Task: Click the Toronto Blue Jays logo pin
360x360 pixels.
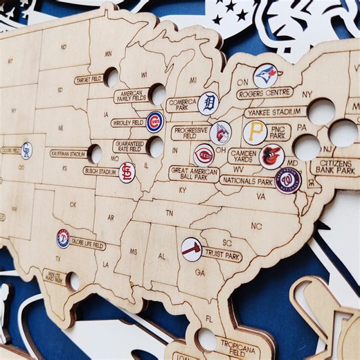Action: [x=265, y=75]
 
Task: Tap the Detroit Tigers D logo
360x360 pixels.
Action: [x=208, y=103]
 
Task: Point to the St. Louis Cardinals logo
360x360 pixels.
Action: [x=126, y=172]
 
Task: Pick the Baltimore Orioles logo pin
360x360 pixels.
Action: [x=271, y=156]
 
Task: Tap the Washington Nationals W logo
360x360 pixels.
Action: [x=287, y=181]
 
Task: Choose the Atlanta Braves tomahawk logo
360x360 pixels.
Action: [x=192, y=249]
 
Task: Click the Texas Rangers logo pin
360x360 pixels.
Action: [x=63, y=238]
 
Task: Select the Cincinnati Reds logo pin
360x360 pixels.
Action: [x=204, y=154]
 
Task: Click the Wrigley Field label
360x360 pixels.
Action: [x=128, y=123]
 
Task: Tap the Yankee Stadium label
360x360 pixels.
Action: [x=275, y=111]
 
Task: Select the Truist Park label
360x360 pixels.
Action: [x=222, y=254]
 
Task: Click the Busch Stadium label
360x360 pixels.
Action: [x=100, y=170]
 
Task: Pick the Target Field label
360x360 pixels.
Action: [x=89, y=80]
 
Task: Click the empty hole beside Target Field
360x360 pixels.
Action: [x=111, y=78]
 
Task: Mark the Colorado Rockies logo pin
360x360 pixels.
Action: [x=26, y=150]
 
